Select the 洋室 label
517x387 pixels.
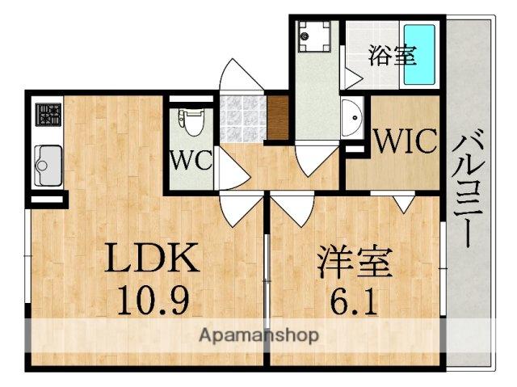click(354, 263)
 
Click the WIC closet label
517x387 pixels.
click(404, 143)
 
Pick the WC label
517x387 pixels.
click(191, 159)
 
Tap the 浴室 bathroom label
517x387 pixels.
click(393, 56)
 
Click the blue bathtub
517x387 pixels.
click(419, 54)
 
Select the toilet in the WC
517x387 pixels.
click(191, 124)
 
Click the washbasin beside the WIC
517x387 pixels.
click(353, 119)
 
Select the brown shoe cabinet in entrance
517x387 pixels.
click(277, 119)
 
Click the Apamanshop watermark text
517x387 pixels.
click(258, 334)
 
